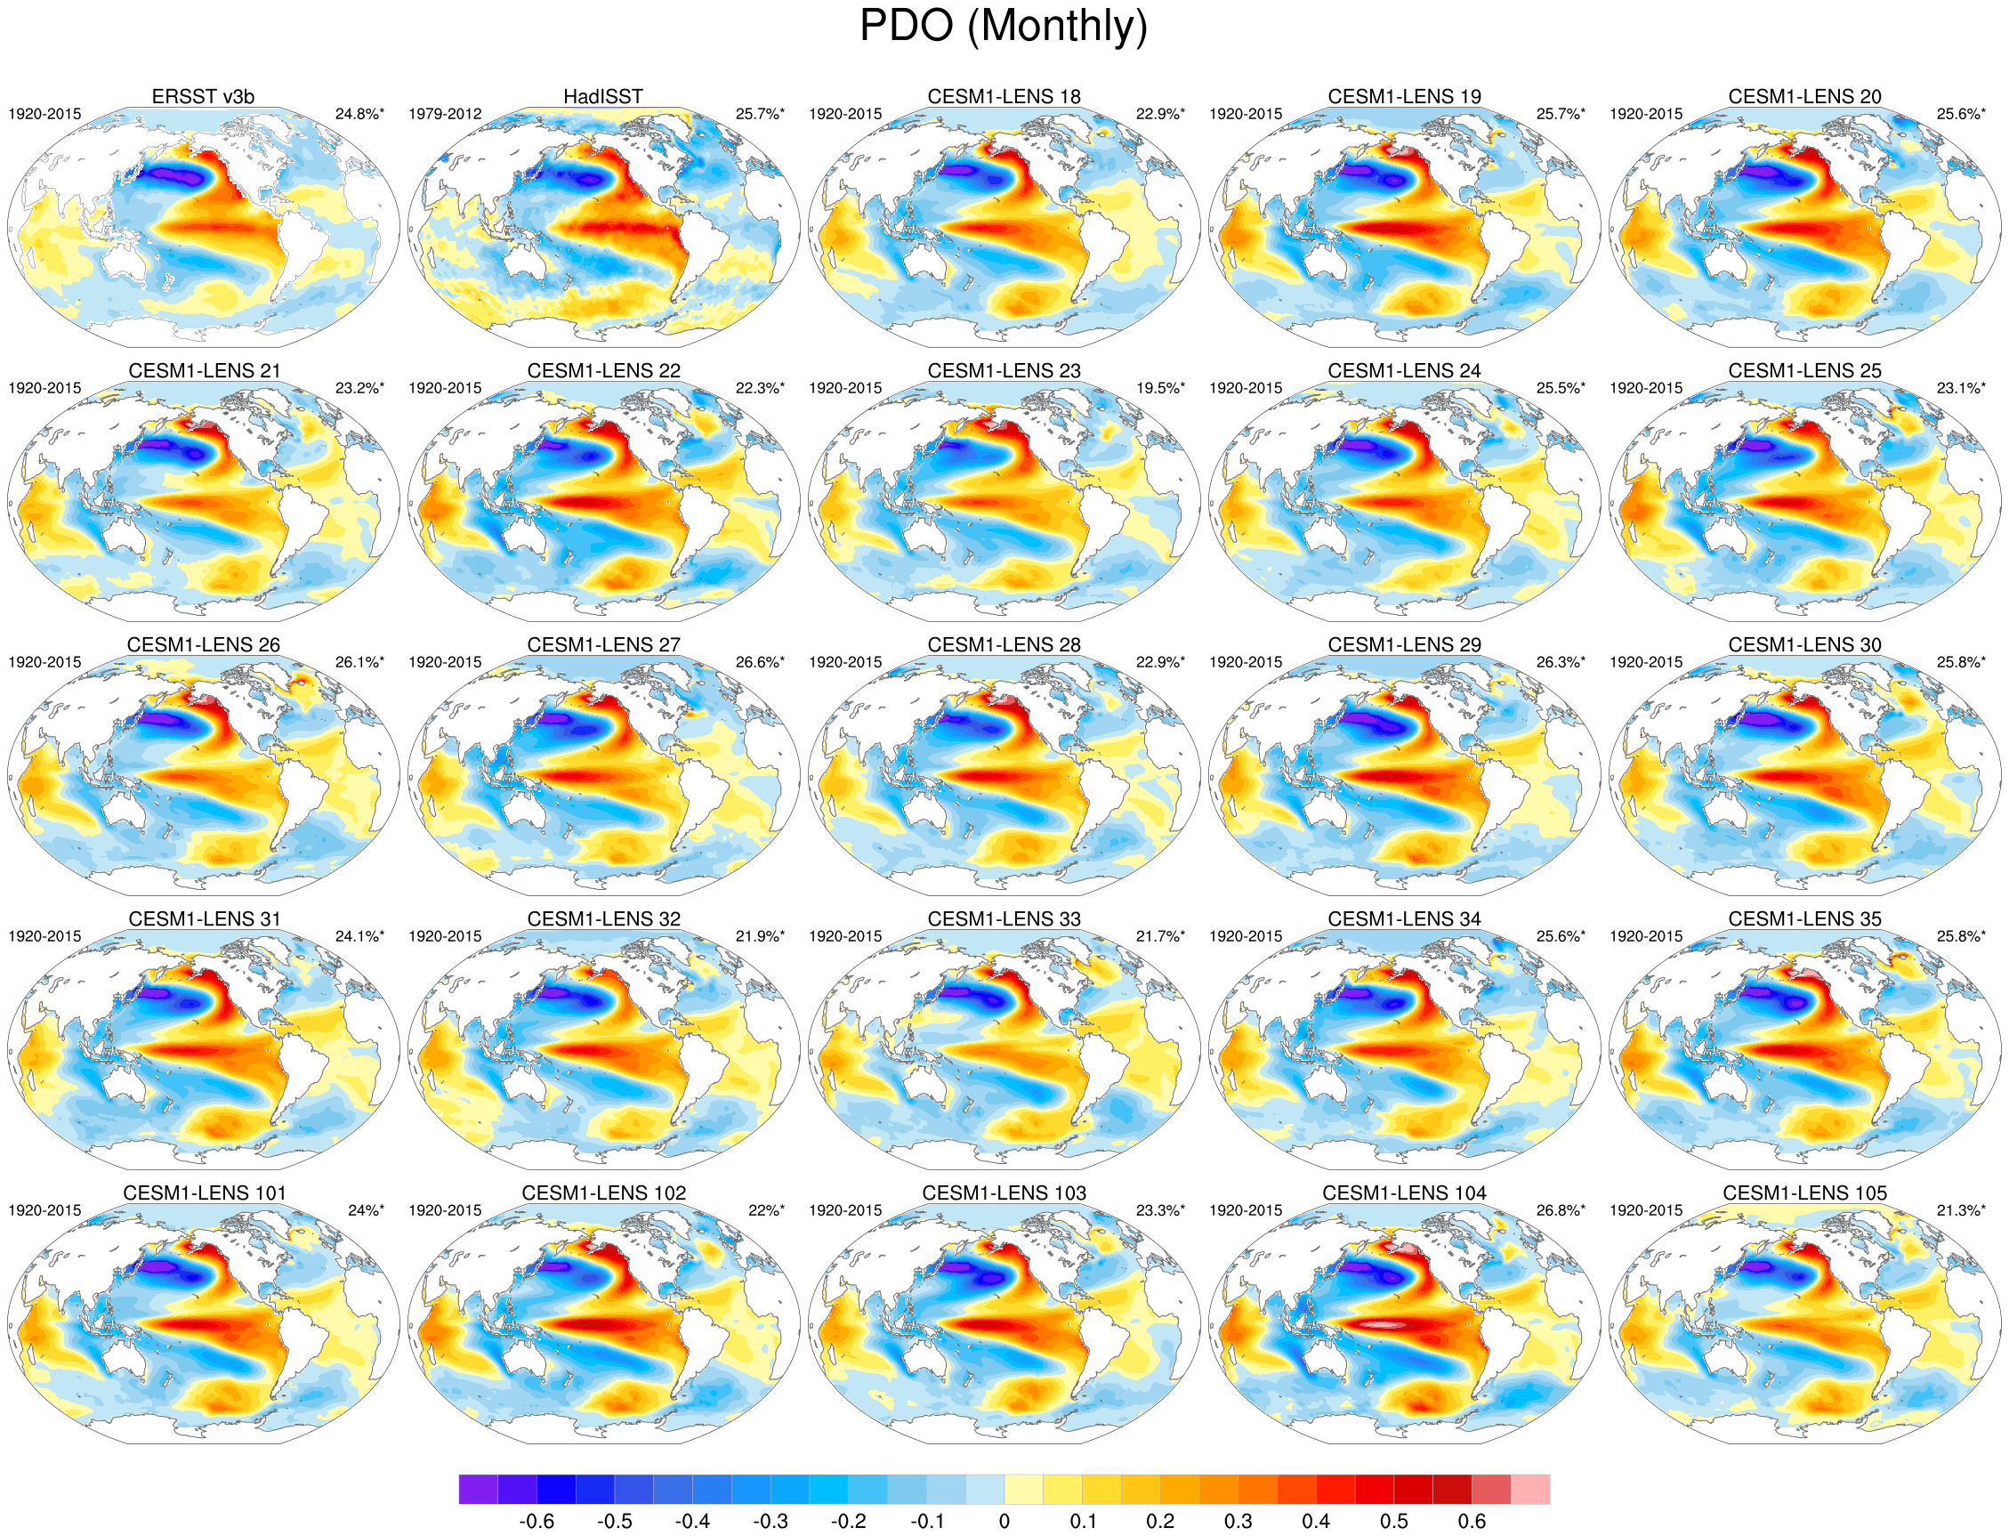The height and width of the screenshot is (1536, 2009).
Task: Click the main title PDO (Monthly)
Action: [x=1003, y=26]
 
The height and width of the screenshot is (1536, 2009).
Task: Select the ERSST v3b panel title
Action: [x=203, y=96]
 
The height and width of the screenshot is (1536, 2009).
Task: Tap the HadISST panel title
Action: [x=602, y=96]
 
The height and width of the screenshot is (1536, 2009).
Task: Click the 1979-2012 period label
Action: [x=444, y=114]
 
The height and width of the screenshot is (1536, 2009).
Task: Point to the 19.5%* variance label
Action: [x=1160, y=389]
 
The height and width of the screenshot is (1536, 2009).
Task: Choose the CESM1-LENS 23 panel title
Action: [x=1004, y=370]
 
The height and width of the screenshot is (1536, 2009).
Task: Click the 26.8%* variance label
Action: [x=1561, y=1210]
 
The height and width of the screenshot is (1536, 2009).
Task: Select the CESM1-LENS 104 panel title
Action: [x=1404, y=1193]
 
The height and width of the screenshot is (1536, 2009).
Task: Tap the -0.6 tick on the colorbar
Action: [x=536, y=1522]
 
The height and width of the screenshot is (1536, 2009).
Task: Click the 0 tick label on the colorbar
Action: [x=1004, y=1522]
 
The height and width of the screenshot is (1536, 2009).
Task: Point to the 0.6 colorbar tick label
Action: [x=1472, y=1522]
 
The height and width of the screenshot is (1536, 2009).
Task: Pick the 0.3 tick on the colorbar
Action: [x=1238, y=1522]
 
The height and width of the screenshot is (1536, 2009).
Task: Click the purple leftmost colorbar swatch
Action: [x=478, y=1489]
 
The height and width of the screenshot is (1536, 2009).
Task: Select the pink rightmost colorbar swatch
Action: [x=1530, y=1489]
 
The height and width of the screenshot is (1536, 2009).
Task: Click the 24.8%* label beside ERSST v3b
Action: [x=359, y=114]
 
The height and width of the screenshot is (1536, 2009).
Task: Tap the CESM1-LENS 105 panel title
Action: [x=1804, y=1193]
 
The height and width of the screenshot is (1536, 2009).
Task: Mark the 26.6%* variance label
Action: [x=760, y=662]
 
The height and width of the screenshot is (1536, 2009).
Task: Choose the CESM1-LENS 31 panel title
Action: [x=204, y=919]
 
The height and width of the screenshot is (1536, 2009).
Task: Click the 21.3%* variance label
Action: [x=1961, y=1210]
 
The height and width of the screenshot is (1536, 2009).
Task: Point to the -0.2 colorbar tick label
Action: [x=847, y=1522]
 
